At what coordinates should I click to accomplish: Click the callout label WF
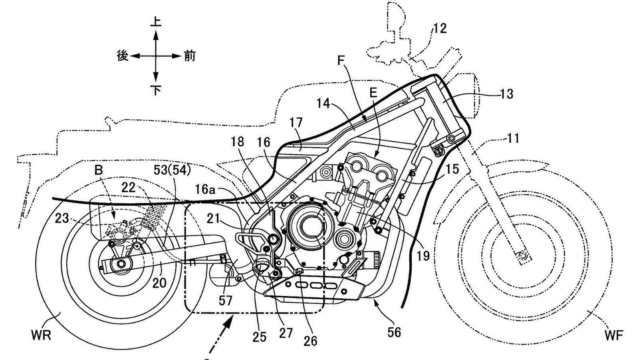tap(614, 336)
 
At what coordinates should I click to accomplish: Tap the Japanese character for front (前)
tap(189, 56)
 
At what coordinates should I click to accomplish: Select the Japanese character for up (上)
tap(156, 21)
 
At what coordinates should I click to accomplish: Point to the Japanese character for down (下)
tap(156, 91)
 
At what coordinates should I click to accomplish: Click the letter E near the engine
tap(373, 93)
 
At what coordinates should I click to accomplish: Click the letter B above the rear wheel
tap(98, 170)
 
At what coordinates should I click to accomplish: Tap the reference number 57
tap(226, 300)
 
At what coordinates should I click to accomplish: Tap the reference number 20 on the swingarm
tap(159, 282)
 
